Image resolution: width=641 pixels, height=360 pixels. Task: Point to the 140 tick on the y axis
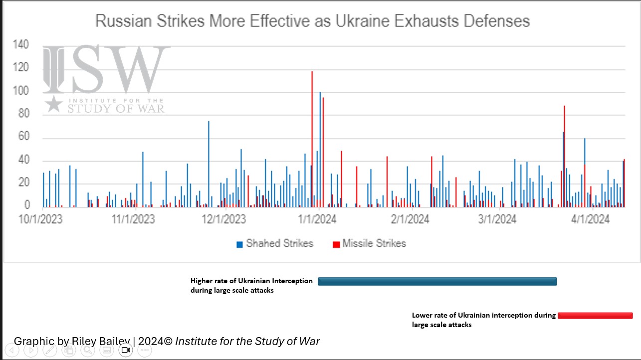21,45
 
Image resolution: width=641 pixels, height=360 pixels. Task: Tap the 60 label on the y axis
23,138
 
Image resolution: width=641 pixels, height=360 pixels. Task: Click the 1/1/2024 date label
317,219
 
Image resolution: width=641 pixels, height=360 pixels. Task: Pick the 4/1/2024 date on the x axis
590,219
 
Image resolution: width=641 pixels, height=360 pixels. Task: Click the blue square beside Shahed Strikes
240,244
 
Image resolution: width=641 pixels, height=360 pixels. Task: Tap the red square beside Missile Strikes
336,244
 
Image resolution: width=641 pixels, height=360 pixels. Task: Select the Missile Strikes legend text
374,243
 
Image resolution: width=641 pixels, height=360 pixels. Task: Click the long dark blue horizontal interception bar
437,281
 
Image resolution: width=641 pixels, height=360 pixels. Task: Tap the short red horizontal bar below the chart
595,316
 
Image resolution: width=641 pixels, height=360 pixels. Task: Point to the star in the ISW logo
53,103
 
